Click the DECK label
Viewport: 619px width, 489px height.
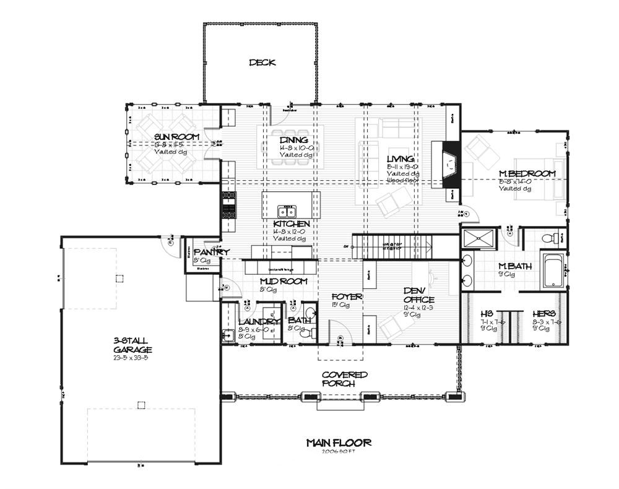click(x=262, y=63)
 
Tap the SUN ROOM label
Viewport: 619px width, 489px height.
click(x=168, y=137)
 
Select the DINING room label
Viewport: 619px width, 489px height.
click(x=293, y=141)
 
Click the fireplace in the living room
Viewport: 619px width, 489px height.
click(x=449, y=164)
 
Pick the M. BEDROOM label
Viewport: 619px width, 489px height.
click(x=527, y=174)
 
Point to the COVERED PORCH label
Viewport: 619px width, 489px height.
click(x=345, y=379)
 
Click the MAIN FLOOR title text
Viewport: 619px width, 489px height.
click(x=339, y=443)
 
